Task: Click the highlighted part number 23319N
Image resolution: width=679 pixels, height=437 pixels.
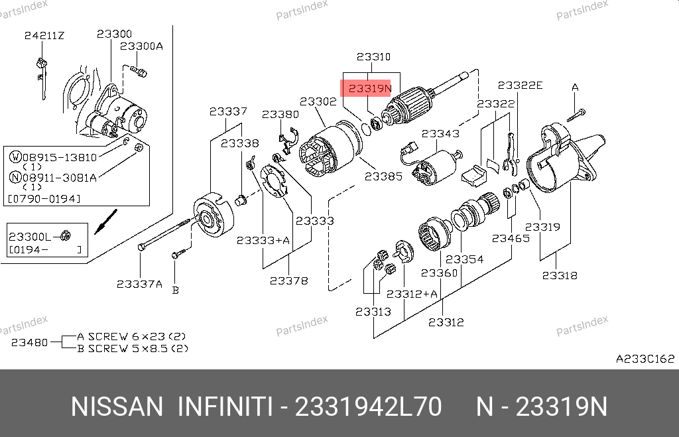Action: [370, 88]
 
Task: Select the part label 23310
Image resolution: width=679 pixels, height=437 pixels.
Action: [373, 57]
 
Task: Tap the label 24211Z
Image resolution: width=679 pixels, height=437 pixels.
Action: [44, 35]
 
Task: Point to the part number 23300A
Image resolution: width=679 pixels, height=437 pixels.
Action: [141, 46]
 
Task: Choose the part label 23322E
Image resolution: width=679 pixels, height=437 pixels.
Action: [520, 85]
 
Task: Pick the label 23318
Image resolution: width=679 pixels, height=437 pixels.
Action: [559, 276]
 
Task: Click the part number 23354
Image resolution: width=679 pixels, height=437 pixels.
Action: [464, 259]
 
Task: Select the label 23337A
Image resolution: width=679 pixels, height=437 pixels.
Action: [139, 284]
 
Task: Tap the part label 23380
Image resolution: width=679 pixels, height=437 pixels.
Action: [280, 115]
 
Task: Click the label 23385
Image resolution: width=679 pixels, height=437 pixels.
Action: [383, 177]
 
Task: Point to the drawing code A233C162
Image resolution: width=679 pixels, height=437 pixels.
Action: [645, 359]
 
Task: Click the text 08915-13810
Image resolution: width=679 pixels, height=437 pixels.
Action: [60, 157]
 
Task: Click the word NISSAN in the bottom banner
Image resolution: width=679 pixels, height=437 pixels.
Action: [116, 406]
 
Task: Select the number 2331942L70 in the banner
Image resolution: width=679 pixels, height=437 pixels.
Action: [367, 406]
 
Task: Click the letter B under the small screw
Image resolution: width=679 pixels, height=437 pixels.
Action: [176, 289]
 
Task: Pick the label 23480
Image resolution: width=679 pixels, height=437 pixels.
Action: [29, 342]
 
